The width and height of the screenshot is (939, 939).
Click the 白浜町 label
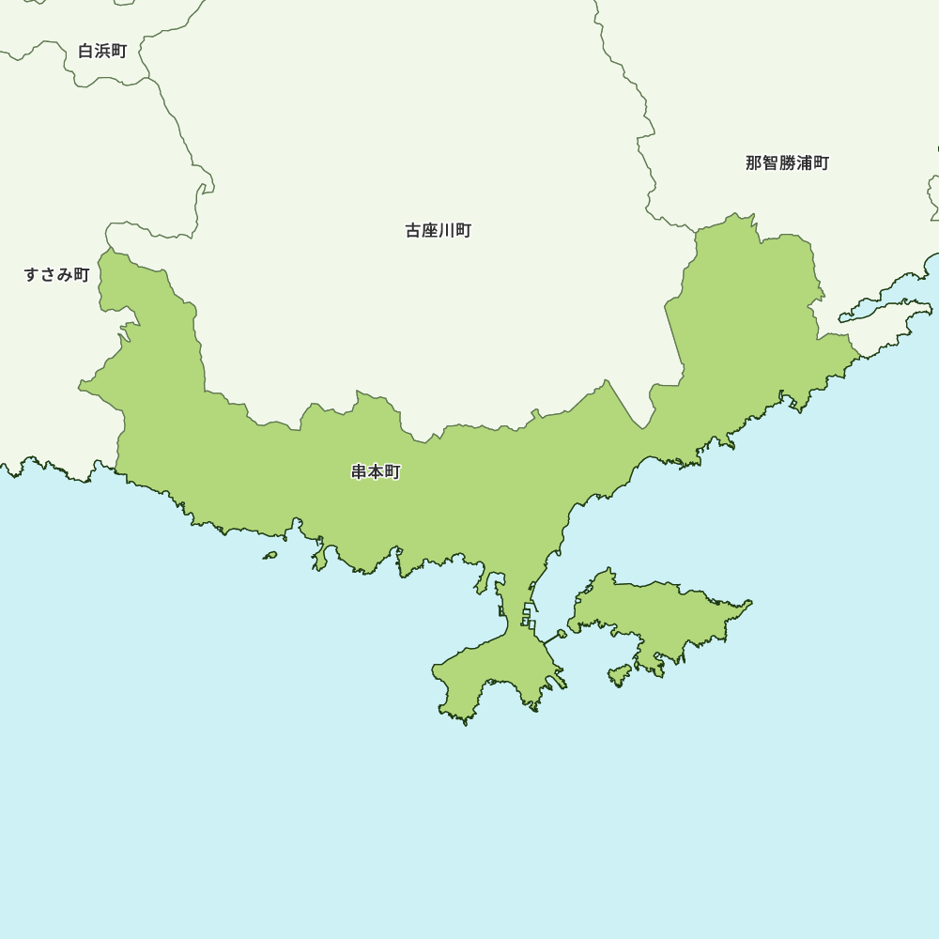click(102, 51)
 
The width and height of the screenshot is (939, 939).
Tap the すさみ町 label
click(56, 274)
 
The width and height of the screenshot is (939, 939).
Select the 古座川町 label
click(439, 230)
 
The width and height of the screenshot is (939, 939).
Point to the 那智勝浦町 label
click(787, 162)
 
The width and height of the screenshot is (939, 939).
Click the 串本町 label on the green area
click(376, 471)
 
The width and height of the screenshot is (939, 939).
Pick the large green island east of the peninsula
click(657, 615)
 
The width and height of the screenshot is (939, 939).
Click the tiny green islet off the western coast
click(270, 555)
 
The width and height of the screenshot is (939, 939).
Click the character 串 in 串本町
click(360, 471)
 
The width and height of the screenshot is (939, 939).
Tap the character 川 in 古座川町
click(447, 230)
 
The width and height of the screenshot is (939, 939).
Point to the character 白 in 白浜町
click(86, 51)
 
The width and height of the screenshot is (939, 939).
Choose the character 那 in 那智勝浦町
click(754, 162)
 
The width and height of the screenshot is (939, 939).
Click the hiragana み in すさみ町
click(65, 274)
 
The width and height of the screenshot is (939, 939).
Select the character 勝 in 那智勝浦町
click(787, 162)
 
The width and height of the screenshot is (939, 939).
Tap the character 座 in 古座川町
click(430, 230)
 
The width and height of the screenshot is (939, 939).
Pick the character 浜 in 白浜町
click(102, 51)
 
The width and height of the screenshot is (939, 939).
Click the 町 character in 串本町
click(393, 471)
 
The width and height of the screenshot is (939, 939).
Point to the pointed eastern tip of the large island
click(749, 603)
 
